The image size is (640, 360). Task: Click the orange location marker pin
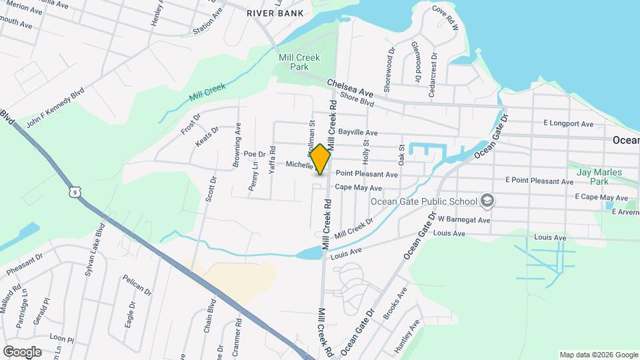tap(321, 159)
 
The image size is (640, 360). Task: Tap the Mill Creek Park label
tap(293, 63)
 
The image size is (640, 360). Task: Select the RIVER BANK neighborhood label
tap(275, 13)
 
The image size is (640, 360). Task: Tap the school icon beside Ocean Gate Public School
tap(487, 201)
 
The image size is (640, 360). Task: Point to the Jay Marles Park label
tap(599, 177)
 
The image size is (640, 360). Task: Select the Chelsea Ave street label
tap(350, 87)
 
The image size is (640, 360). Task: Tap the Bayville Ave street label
tap(358, 133)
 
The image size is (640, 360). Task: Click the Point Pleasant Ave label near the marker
tap(366, 174)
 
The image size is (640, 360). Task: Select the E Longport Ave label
tap(568, 123)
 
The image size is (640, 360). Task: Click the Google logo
tap(21, 351)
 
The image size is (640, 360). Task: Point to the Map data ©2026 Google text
tap(598, 355)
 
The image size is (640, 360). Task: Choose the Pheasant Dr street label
tap(25, 263)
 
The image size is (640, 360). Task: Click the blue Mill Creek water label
tap(207, 92)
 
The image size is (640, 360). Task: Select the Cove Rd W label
tap(446, 19)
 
